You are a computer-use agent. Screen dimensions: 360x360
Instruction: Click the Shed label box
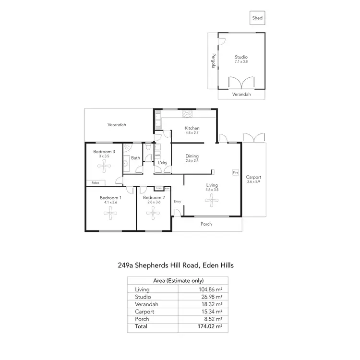tap(258, 19)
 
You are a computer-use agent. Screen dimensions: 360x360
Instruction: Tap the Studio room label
tap(241, 57)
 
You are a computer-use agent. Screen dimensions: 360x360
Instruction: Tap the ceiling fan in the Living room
tap(212, 202)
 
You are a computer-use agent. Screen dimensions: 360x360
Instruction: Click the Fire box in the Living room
tap(235, 172)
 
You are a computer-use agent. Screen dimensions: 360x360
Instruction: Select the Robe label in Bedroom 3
tap(96, 182)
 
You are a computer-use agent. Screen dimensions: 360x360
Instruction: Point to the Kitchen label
tap(192, 128)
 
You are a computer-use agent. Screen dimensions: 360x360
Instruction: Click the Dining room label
tap(192, 156)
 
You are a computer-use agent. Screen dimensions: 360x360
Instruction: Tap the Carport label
tap(254, 177)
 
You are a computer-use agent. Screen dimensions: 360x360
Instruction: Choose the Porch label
tap(206, 224)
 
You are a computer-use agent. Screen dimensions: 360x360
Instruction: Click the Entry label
tap(177, 201)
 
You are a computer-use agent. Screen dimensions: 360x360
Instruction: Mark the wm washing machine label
tap(157, 155)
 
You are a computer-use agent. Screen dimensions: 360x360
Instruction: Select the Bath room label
tap(136, 157)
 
